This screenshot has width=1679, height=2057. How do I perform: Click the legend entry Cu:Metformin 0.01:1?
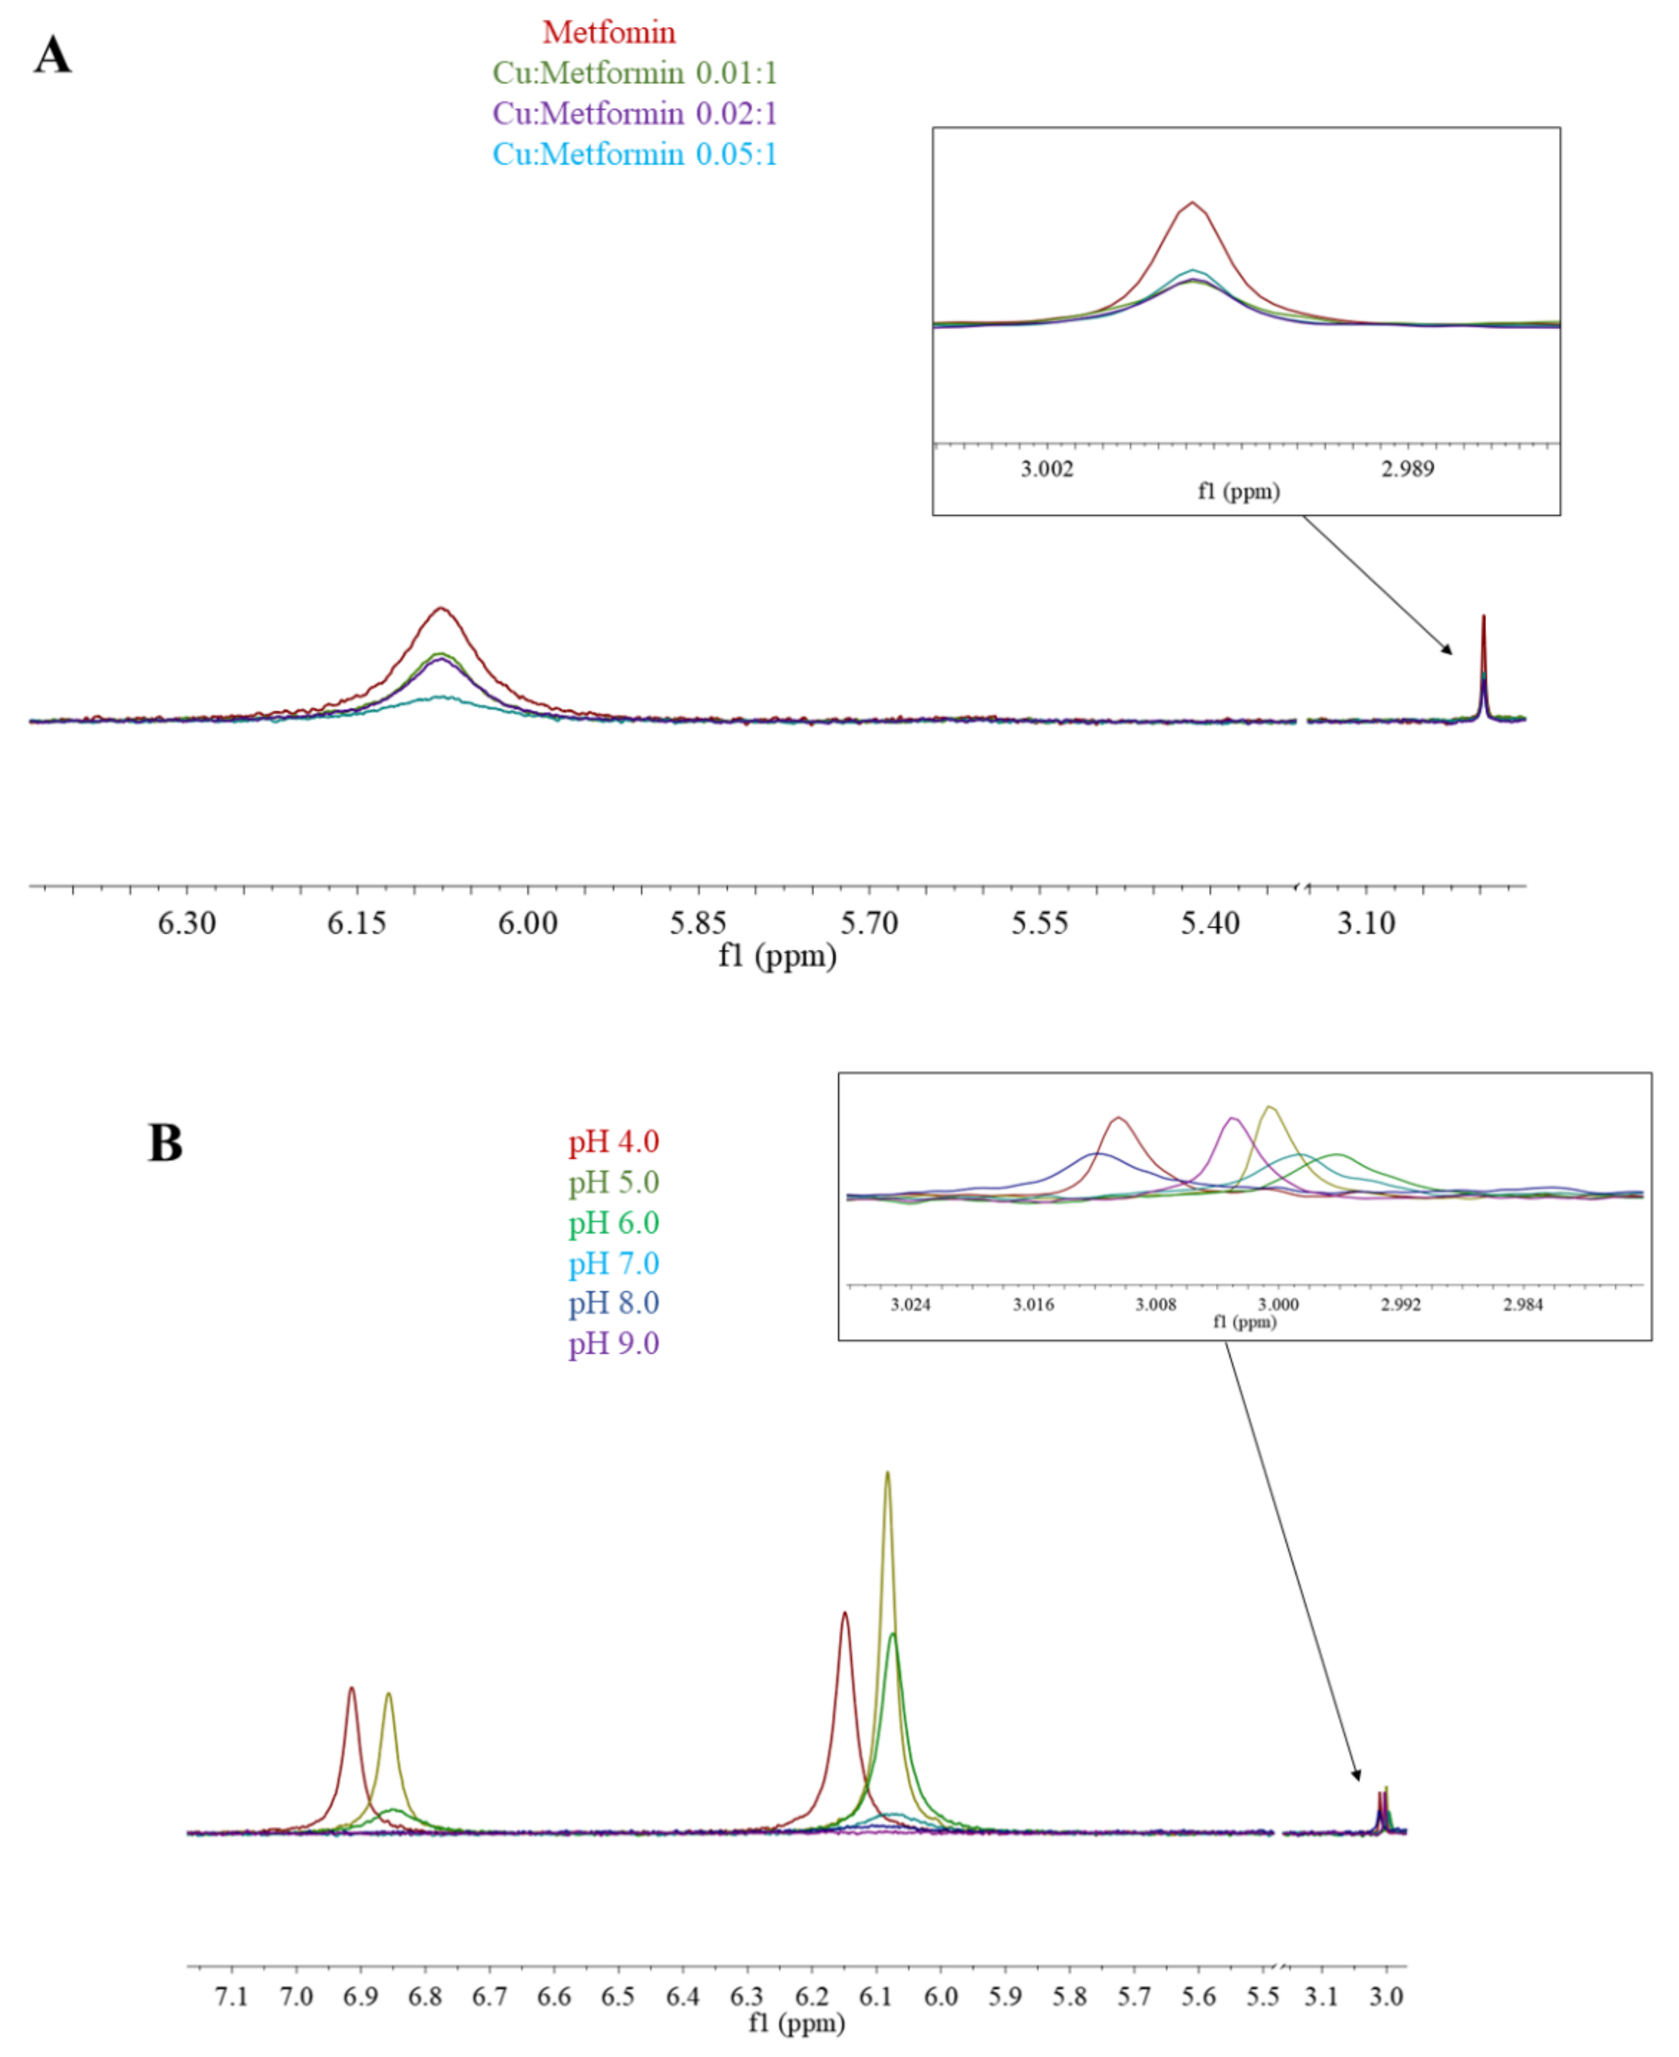pos(634,73)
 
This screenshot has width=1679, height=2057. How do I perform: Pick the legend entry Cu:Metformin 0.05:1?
pos(634,155)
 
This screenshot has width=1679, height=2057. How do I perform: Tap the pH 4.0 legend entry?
pos(613,1142)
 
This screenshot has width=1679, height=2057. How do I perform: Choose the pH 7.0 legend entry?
pos(613,1264)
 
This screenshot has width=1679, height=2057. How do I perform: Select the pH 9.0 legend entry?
pos(613,1344)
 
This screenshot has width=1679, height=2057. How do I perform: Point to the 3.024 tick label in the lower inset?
pos(910,1305)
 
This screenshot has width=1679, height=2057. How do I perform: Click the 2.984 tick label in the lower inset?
pos(1523,1305)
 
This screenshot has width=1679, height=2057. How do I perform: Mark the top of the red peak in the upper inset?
pos(1193,202)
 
